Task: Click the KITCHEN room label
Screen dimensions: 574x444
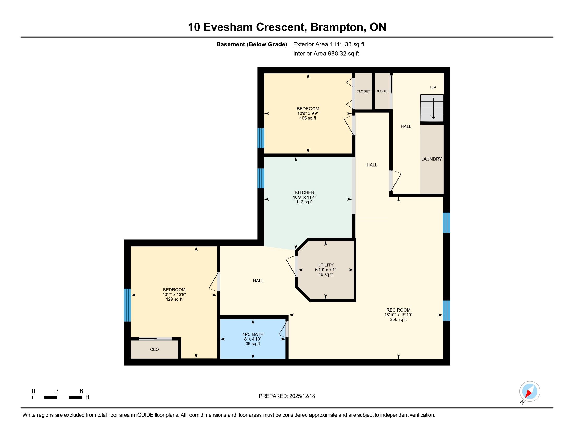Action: pos(304,192)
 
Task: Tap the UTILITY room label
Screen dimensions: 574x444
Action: pos(325,265)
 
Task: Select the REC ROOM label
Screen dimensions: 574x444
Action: pos(398,310)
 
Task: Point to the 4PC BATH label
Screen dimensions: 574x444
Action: pos(253,334)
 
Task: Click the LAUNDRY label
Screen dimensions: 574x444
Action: pos(432,159)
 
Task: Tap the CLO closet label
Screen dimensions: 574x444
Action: pos(154,349)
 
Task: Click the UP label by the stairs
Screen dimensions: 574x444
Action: pos(433,87)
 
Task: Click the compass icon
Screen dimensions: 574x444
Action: pos(530,392)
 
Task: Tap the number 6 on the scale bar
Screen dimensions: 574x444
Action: pos(81,391)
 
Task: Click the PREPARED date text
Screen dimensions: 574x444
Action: pos(287,396)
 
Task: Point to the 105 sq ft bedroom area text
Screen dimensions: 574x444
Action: pos(308,118)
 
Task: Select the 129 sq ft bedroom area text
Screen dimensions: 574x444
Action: pos(174,299)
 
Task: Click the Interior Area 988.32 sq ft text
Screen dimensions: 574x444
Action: pos(326,54)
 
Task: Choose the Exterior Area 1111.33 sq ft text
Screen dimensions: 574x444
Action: pos(329,44)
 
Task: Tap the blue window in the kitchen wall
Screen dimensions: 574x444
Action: pos(260,178)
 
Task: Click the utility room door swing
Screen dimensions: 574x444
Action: pos(291,266)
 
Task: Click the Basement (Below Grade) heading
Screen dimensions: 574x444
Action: pos(252,44)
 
